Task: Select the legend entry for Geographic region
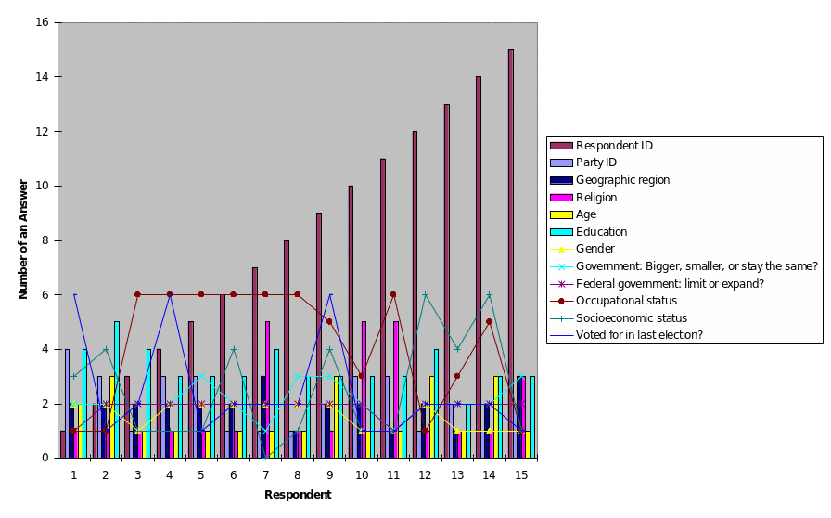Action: [621, 180]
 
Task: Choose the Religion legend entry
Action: [596, 197]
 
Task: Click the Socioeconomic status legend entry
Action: [631, 317]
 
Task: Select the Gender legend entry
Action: [594, 249]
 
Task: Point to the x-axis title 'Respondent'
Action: [297, 495]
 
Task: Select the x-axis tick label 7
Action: [265, 474]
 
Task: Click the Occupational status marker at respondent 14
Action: [489, 321]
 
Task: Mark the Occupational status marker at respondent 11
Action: [393, 294]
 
